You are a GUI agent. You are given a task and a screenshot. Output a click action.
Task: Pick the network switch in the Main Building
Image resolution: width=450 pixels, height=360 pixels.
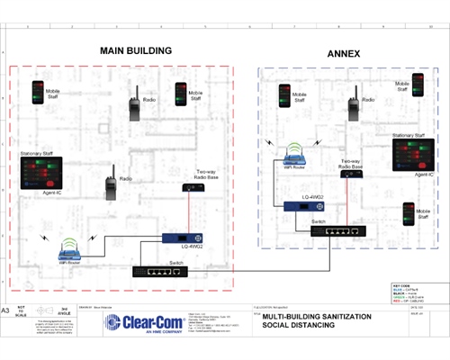pos(160,270)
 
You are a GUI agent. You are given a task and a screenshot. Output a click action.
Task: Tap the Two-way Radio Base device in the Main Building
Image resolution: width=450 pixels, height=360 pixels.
pos(189,187)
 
